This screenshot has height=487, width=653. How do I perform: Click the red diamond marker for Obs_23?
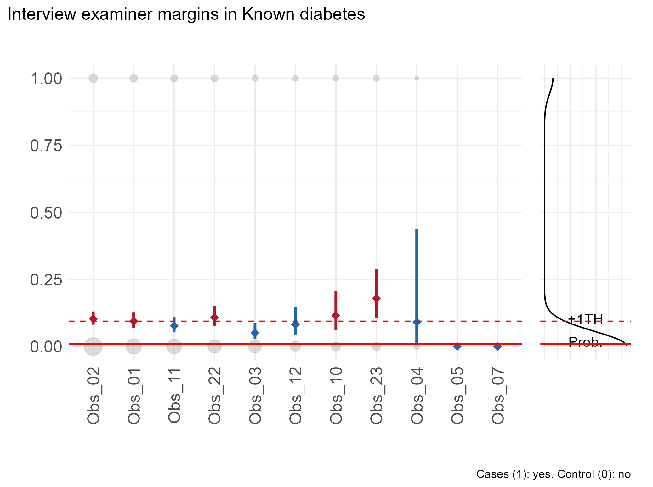[376, 298]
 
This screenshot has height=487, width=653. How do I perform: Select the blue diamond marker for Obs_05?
[457, 346]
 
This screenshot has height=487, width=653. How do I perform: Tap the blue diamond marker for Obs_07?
[497, 346]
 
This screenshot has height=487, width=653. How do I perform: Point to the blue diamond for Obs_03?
[255, 333]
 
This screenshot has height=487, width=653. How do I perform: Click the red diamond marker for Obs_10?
[336, 315]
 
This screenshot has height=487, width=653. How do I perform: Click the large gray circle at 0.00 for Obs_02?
[93, 346]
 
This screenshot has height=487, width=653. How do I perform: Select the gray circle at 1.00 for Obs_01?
[133, 78]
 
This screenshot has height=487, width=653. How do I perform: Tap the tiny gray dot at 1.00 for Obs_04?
[417, 78]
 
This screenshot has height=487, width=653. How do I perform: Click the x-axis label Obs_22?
[215, 396]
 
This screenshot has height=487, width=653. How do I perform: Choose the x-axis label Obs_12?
[296, 396]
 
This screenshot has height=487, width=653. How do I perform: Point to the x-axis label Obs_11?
[174, 396]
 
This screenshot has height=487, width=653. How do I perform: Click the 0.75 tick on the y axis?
[46, 146]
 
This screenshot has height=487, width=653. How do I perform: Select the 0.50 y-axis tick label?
[46, 213]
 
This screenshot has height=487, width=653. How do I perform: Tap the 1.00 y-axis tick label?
[46, 79]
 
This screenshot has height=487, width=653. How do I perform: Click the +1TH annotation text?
[585, 319]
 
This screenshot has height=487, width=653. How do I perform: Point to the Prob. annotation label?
[585, 342]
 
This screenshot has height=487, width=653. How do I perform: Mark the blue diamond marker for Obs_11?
[174, 325]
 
